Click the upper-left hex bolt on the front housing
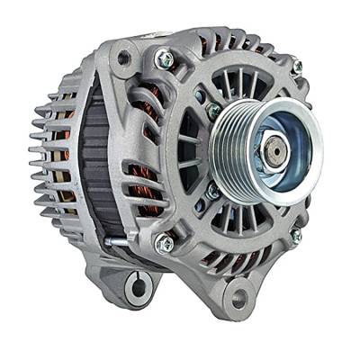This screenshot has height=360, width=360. [164, 59]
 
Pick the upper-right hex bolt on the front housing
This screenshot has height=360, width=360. [297, 67]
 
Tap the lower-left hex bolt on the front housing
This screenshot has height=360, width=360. [164, 243]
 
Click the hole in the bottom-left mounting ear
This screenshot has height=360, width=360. [139, 289]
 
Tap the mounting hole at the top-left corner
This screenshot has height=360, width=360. [122, 58]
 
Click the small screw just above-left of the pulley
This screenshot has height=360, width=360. [213, 110]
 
